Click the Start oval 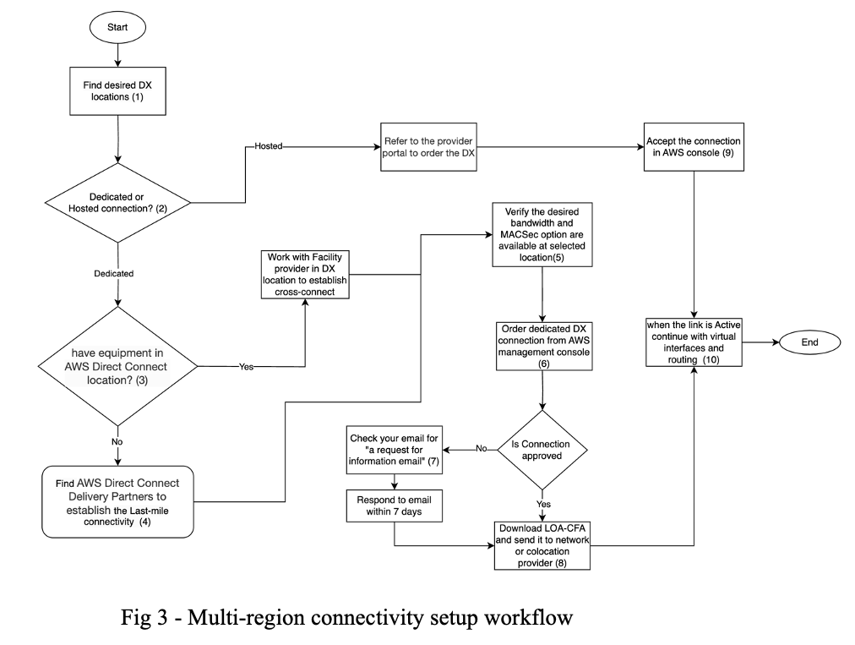[117, 27]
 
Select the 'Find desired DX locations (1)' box [117, 90]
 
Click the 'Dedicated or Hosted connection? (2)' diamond [117, 203]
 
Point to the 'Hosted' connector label [268, 146]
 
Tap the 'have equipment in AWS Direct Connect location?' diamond [117, 366]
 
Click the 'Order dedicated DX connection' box [541, 345]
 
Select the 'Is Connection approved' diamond [541, 449]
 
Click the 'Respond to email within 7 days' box [395, 506]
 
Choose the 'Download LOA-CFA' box [541, 545]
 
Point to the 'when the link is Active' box [694, 342]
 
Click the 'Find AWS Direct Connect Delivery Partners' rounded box [117, 501]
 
